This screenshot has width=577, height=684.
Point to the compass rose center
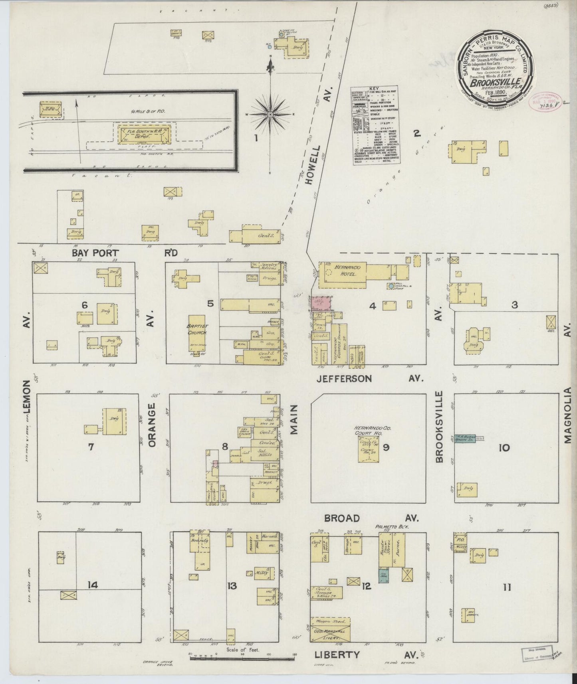270,115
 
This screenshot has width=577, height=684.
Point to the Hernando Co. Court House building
369,449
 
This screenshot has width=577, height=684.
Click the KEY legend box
375,125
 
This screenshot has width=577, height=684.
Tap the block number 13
232,585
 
